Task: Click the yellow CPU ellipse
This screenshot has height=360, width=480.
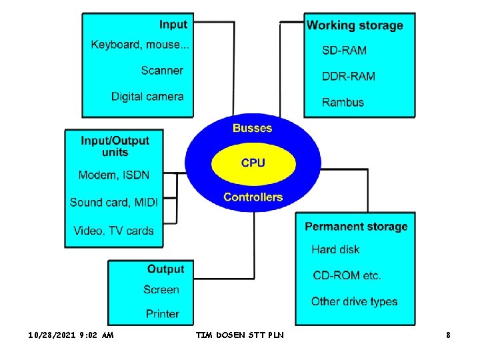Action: pyautogui.click(x=253, y=163)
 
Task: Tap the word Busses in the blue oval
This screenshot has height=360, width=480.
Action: pyautogui.click(x=252, y=128)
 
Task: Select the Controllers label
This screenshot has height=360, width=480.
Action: pyautogui.click(x=253, y=197)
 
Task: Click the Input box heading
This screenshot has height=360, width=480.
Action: pyautogui.click(x=173, y=25)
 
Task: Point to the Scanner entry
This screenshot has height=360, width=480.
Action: pyautogui.click(x=162, y=70)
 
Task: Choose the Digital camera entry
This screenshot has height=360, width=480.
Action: pyautogui.click(x=147, y=96)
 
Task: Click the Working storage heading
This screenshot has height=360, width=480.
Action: pyautogui.click(x=355, y=25)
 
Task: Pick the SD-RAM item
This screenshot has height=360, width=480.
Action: pyautogui.click(x=344, y=50)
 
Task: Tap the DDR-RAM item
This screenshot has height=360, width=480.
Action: pyautogui.click(x=349, y=76)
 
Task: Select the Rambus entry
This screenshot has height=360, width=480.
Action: pyautogui.click(x=343, y=102)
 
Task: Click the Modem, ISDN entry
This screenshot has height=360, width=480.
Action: pyautogui.click(x=114, y=175)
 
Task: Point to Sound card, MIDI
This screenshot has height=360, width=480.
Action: pyautogui.click(x=114, y=202)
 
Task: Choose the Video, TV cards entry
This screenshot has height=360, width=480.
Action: pyautogui.click(x=114, y=231)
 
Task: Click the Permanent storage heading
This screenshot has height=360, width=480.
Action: pyautogui.click(x=356, y=227)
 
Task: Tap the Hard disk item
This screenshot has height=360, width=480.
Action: pyautogui.click(x=335, y=249)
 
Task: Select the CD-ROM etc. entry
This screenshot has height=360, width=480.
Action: pyautogui.click(x=347, y=275)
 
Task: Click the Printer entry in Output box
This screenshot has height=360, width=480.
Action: pyautogui.click(x=163, y=313)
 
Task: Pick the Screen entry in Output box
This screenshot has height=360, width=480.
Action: pyautogui.click(x=161, y=289)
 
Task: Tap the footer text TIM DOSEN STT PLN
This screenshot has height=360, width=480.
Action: pyautogui.click(x=240, y=335)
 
